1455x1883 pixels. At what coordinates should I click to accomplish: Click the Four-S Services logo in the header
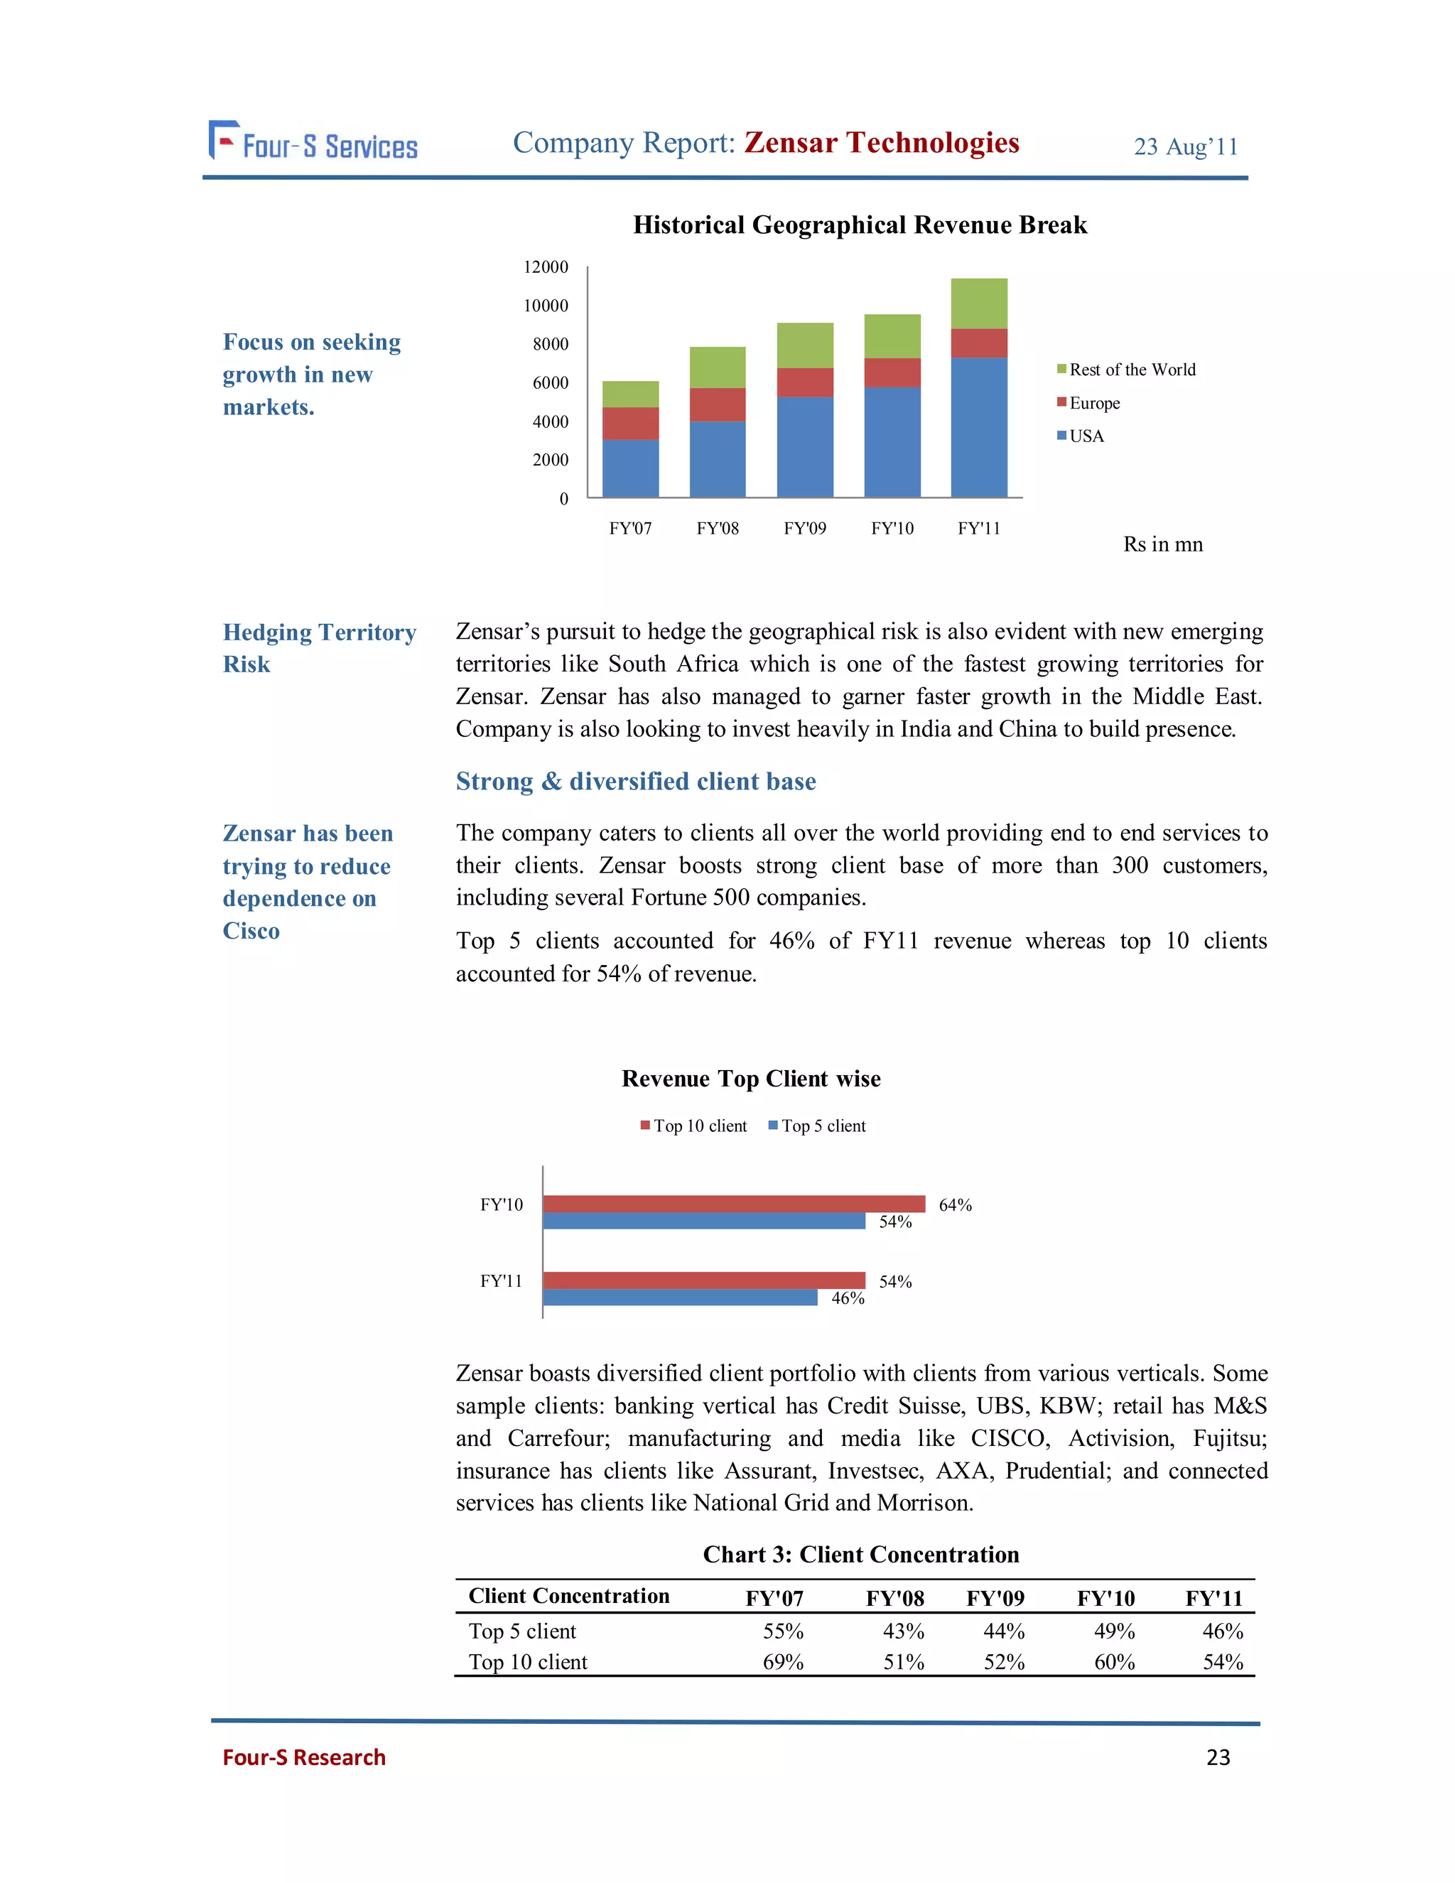(x=313, y=142)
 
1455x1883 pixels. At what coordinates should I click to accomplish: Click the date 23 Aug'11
(x=1185, y=146)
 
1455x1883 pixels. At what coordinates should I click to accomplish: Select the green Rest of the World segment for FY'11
(x=978, y=303)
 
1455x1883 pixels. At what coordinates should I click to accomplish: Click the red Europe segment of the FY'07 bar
(x=630, y=423)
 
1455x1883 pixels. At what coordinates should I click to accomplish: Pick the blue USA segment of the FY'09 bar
(x=804, y=447)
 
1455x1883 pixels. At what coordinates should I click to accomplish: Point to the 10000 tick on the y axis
(x=546, y=306)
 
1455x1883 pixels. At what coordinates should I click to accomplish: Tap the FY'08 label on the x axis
(x=717, y=529)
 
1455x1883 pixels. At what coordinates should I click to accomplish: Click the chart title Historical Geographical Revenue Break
(x=860, y=225)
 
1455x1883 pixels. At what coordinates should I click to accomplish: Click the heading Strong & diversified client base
(x=635, y=781)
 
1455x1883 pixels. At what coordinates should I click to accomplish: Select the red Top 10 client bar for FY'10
(x=732, y=1204)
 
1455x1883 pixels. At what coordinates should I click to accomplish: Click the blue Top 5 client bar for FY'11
(x=679, y=1297)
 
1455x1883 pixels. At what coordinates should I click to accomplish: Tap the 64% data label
(x=954, y=1204)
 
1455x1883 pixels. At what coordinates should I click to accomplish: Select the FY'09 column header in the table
(x=995, y=1599)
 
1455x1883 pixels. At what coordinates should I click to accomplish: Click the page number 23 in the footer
(x=1217, y=1757)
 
